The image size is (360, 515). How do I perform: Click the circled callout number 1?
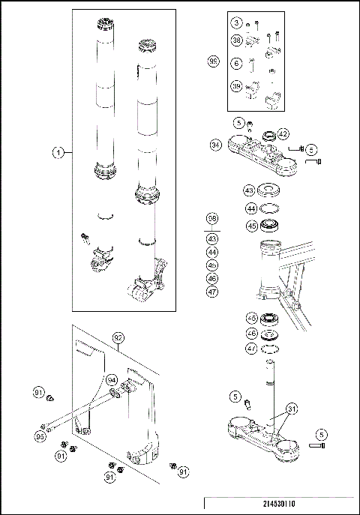tap(58, 153)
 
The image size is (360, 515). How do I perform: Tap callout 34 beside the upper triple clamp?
tap(215, 144)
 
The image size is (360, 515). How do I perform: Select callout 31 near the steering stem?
tap(291, 409)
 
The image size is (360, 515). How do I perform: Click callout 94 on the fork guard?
tap(112, 379)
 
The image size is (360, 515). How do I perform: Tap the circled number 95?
tap(41, 436)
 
